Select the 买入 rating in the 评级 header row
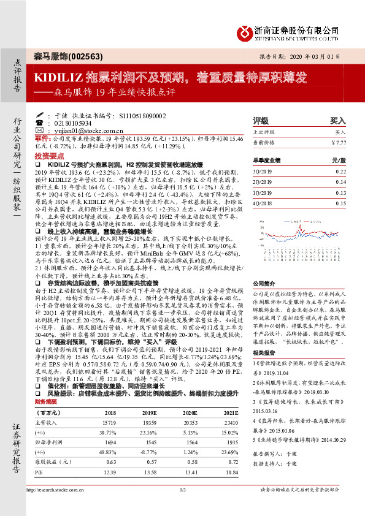tap(337, 121)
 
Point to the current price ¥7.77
tap(338, 143)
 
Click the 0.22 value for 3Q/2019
tap(340, 172)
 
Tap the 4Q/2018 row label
tap(262, 203)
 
